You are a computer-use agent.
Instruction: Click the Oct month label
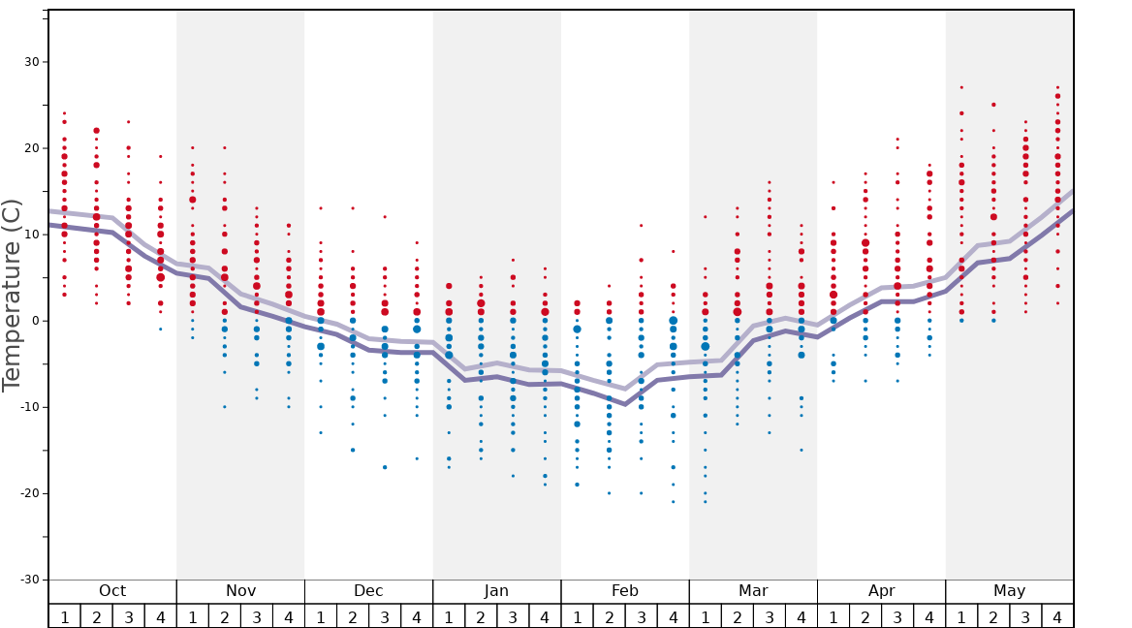click(x=112, y=591)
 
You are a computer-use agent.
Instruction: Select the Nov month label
click(x=240, y=591)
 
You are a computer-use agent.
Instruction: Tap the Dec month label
click(x=368, y=591)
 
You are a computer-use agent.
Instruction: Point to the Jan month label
click(x=496, y=591)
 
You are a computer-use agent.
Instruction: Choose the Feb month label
click(x=625, y=591)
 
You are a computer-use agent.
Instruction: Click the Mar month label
click(x=753, y=591)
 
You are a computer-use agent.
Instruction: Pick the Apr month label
click(x=881, y=591)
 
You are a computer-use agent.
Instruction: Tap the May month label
click(x=1009, y=591)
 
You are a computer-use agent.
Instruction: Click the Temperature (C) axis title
click(x=12, y=295)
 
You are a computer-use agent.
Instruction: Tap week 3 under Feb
click(x=641, y=617)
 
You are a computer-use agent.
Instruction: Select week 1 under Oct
click(x=65, y=617)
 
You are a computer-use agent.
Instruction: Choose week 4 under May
click(x=1057, y=617)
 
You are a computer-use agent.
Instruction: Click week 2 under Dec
click(x=353, y=617)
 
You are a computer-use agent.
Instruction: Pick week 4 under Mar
click(x=802, y=617)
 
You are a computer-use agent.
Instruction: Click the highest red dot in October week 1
click(x=65, y=113)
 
